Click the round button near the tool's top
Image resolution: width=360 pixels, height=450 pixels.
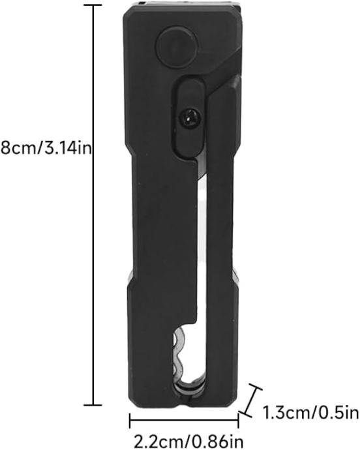[176, 48]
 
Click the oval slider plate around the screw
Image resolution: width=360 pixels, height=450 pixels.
[190, 118]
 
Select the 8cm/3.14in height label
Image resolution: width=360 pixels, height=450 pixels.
[46, 149]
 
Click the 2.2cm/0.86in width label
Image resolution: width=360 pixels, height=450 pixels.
[189, 440]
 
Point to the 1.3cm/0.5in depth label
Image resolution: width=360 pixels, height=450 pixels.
[310, 413]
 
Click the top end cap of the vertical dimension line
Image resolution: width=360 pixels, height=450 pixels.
[93, 5]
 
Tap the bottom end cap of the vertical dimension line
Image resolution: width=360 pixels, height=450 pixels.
[93, 405]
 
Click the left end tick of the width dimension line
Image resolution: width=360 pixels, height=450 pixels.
[130, 421]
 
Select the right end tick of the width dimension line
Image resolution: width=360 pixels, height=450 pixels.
[238, 421]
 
